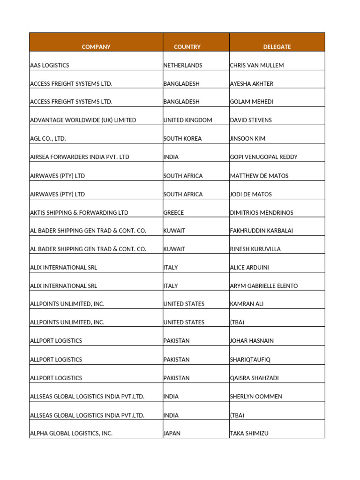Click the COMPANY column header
coord(96,47)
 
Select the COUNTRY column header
coord(187,47)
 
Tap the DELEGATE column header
coord(277,47)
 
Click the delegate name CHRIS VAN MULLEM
coord(257,66)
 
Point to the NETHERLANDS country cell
coord(183,66)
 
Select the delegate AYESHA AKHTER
coord(252,84)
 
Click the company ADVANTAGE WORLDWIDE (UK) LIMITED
coord(83,120)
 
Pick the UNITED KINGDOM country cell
coord(187,120)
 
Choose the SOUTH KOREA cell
coord(182,139)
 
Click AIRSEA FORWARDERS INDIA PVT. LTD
coord(79,157)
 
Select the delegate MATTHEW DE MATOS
coord(259,176)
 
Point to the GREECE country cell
coord(173,213)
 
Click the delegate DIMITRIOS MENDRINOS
coord(262,213)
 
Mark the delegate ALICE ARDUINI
coord(249,268)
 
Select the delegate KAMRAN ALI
coord(247,304)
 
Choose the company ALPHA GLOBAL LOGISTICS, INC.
coord(71,434)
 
